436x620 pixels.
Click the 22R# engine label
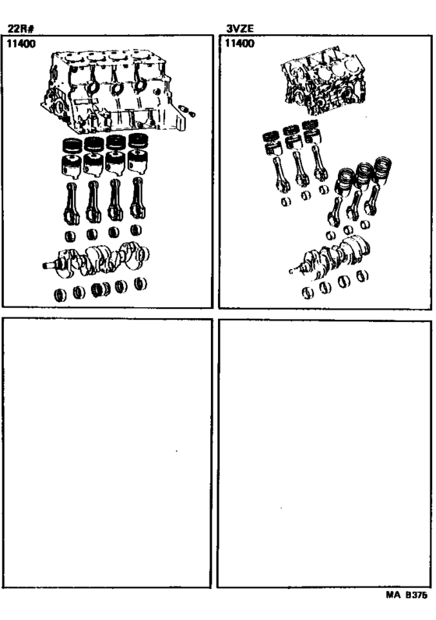coord(21,29)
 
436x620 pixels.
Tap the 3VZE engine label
coord(240,29)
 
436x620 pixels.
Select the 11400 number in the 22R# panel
coord(21,44)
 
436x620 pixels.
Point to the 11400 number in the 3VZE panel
coord(240,43)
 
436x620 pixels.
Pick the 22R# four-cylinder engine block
coord(112,92)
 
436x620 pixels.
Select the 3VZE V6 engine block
coord(323,81)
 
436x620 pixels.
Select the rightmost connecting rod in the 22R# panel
coord(137,198)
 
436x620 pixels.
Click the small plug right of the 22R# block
coord(187,110)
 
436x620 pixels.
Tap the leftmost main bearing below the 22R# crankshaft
coord(61,295)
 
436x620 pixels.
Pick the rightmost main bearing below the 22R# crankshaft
coord(140,284)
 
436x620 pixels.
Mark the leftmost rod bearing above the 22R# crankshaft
coord(70,236)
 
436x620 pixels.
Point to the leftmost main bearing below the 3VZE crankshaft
coord(308,293)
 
